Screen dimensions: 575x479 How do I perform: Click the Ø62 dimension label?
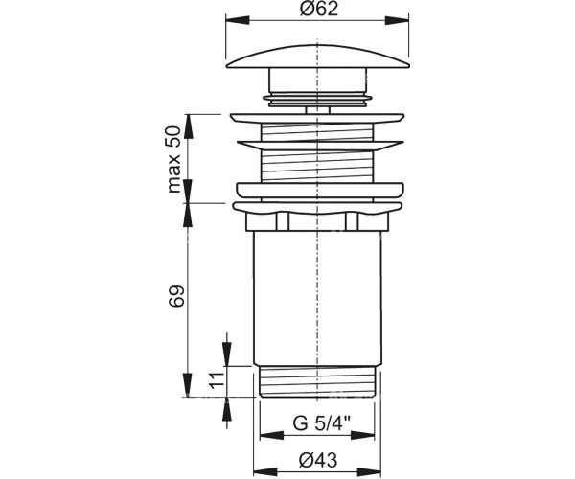(318, 9)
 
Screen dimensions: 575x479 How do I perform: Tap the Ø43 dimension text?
(318, 460)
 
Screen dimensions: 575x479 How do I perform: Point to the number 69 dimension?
(176, 296)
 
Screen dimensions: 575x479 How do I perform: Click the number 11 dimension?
(218, 380)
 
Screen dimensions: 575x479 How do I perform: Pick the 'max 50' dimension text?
(173, 159)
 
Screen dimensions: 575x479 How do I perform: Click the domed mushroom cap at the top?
(317, 57)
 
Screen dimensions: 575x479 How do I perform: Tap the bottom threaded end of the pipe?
(317, 381)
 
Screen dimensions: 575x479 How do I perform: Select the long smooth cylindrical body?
(317, 298)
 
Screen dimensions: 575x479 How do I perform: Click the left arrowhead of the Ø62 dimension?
(238, 20)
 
